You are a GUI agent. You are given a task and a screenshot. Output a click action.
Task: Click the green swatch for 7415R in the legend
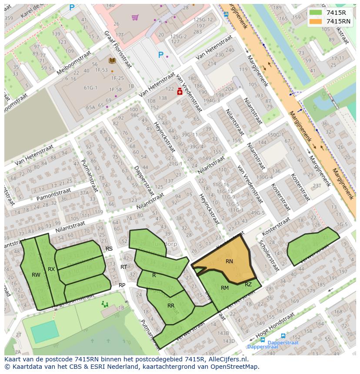click(316, 13)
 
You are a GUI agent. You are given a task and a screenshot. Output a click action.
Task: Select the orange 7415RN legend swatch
click(316, 21)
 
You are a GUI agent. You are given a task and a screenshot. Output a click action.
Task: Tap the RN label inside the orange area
click(229, 261)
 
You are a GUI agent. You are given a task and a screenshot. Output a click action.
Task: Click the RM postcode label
click(225, 288)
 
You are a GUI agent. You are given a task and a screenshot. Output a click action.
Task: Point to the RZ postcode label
click(248, 285)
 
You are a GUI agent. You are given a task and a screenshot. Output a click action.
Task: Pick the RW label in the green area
click(36, 275)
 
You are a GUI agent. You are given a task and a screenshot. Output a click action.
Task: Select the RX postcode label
click(51, 269)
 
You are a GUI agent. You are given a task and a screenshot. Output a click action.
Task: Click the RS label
click(109, 249)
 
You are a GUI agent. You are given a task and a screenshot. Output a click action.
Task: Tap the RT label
click(124, 267)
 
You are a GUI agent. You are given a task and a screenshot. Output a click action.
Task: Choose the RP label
click(122, 285)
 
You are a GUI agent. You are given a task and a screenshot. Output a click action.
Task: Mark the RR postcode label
click(171, 306)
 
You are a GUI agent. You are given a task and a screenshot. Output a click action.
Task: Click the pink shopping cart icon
click(135, 17)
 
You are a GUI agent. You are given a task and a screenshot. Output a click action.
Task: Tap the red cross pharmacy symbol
click(180, 92)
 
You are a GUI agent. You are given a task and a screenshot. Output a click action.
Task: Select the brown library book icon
click(112, 61)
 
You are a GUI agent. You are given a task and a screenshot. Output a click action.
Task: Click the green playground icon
click(105, 304)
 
